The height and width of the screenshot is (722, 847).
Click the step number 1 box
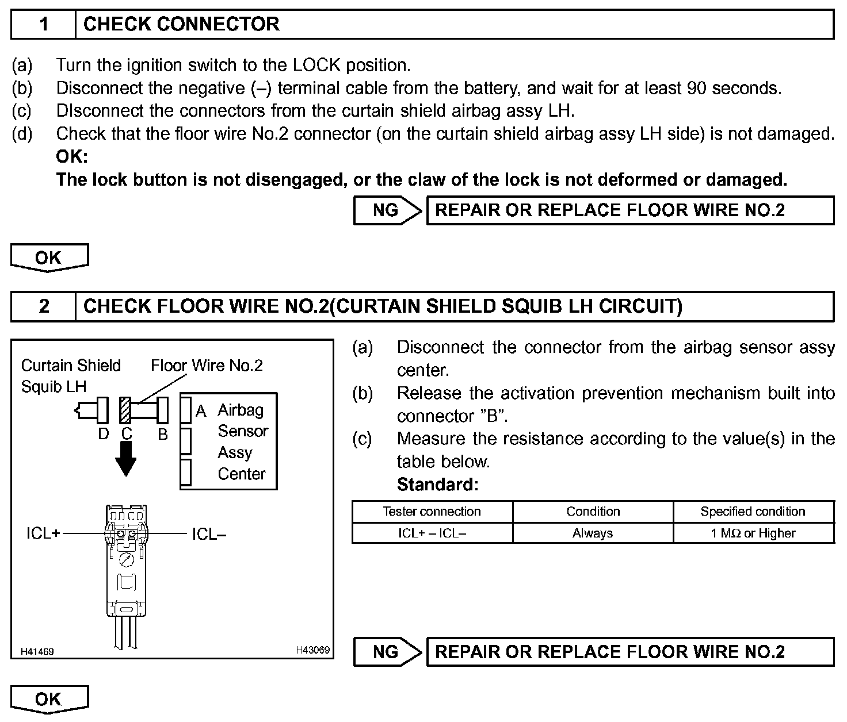click(x=44, y=24)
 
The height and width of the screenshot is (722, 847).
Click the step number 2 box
click(x=44, y=306)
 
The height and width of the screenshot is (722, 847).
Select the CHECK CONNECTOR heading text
click(x=181, y=24)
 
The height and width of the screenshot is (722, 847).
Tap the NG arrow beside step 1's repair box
click(x=387, y=210)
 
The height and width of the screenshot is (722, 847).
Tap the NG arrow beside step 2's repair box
click(x=387, y=652)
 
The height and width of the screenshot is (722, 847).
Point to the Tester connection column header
click(x=432, y=512)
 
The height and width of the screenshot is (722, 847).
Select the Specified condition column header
click(x=753, y=512)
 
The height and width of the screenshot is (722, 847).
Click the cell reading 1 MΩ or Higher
click(x=753, y=533)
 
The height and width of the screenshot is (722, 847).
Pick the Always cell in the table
click(x=593, y=533)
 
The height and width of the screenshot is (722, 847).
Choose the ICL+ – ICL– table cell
click(x=432, y=533)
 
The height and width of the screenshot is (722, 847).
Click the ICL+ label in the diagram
click(x=43, y=534)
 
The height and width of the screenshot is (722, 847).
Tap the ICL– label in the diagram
click(x=209, y=534)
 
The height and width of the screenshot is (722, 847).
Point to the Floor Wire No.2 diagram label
click(x=207, y=366)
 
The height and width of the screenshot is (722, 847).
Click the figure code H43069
click(x=312, y=650)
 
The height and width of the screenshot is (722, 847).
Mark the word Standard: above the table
click(x=437, y=485)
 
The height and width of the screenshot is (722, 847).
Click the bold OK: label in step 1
click(x=72, y=156)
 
